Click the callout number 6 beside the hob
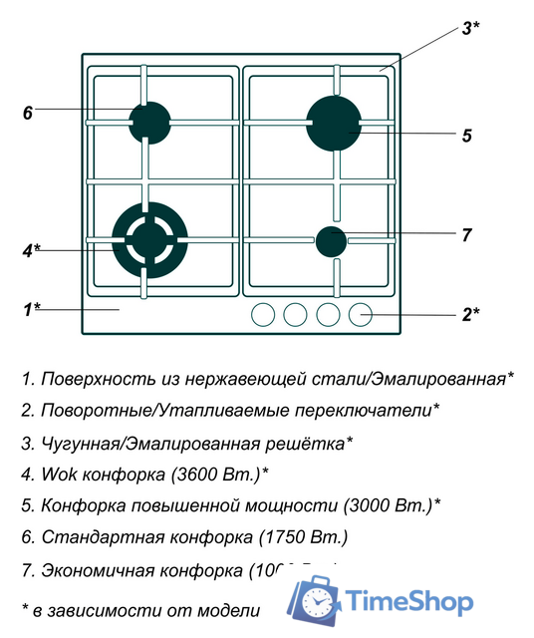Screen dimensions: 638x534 [28, 113]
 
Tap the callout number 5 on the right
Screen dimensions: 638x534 [466, 136]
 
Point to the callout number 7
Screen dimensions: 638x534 [466, 235]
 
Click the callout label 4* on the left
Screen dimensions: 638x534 [31, 249]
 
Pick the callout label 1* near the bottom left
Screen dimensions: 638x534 [31, 309]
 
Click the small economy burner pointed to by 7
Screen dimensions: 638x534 [331, 240]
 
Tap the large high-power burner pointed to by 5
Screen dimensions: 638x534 [333, 122]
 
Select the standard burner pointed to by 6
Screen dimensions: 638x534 [149, 123]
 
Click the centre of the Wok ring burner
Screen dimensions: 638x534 [147, 240]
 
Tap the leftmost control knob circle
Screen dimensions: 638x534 [262, 314]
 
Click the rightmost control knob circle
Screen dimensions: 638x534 [361, 314]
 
